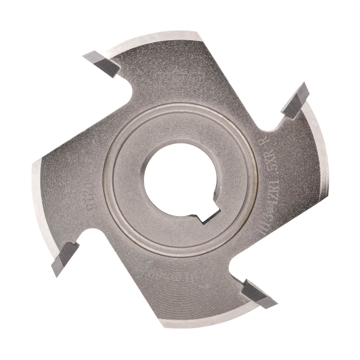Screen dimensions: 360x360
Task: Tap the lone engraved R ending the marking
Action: [265, 144]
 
